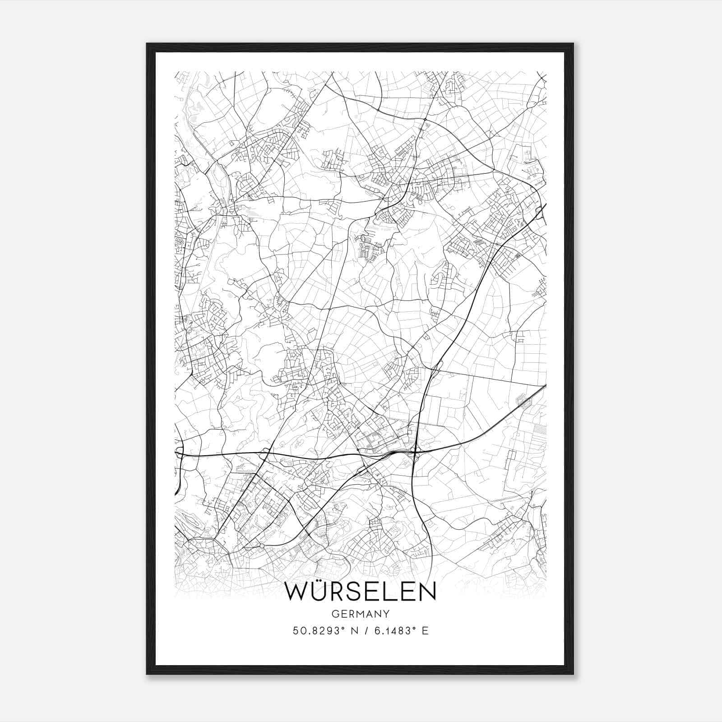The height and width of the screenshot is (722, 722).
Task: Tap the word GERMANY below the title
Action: point(361,614)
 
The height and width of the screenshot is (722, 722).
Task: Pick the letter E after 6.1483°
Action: point(425,630)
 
